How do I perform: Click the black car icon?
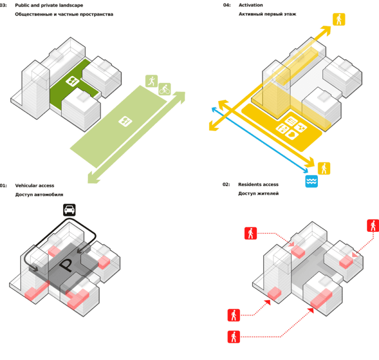tap(70, 210)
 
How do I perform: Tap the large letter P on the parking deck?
tap(67, 267)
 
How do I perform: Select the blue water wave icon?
tap(311, 181)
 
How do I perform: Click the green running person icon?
tap(152, 81)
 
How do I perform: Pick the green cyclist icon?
tap(165, 89)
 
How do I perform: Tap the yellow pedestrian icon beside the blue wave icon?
tap(324, 168)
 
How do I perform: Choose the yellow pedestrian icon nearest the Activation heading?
tap(339, 19)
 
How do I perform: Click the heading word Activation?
tap(251, 5)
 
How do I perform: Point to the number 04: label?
tap(227, 5)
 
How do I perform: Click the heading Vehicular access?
tap(35, 185)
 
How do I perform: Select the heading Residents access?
tap(258, 184)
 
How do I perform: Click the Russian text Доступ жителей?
tap(258, 194)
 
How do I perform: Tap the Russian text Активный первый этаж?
tap(267, 14)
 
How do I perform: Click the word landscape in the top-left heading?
tap(70, 5)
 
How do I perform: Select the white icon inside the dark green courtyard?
tap(73, 81)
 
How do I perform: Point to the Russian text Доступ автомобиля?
tap(39, 195)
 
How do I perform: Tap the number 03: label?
tap(3, 5)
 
